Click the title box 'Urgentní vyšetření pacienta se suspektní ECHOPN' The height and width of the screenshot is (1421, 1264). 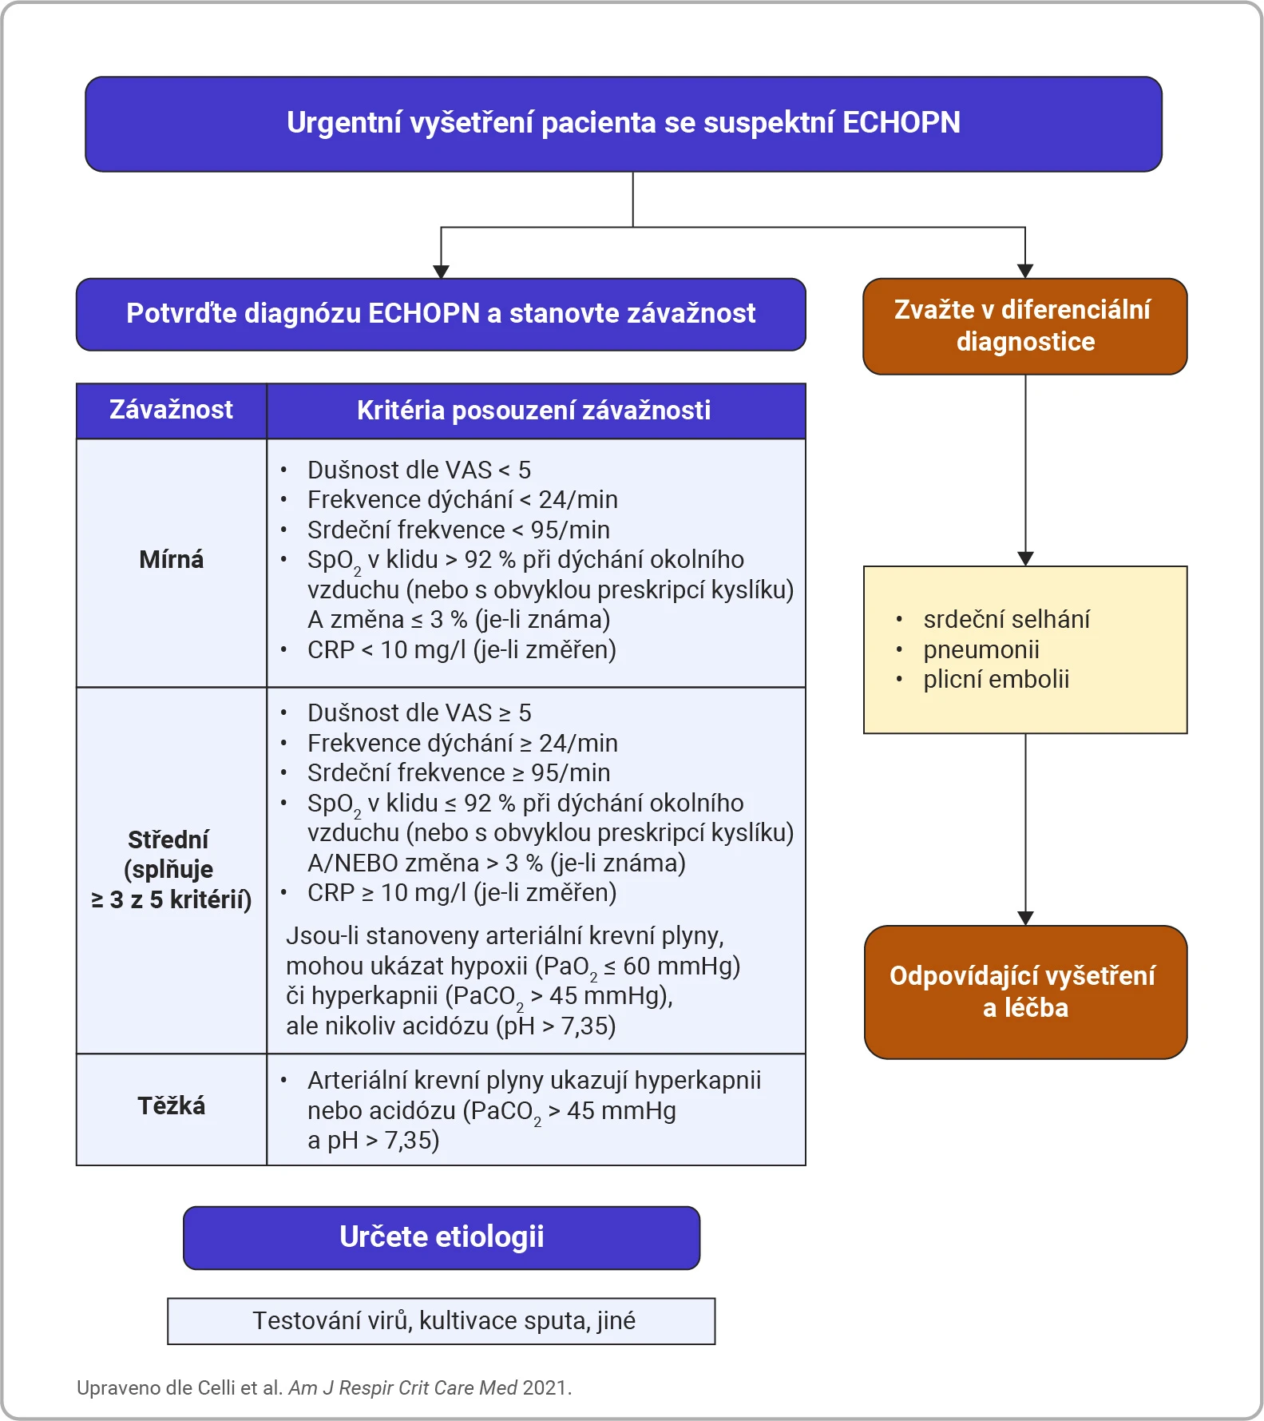(624, 124)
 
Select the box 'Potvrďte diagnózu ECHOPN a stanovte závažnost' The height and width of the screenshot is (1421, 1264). (441, 314)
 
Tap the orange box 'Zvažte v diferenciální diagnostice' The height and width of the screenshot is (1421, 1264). (1025, 326)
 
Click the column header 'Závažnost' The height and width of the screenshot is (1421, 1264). (171, 411)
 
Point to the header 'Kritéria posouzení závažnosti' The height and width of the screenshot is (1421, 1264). (534, 411)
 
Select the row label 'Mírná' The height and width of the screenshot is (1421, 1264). (171, 559)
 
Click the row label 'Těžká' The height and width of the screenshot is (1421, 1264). (171, 1105)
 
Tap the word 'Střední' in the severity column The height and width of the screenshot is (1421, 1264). (168, 840)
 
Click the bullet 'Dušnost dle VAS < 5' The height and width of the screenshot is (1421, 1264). (419, 470)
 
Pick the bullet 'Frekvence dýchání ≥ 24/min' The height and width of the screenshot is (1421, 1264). (462, 743)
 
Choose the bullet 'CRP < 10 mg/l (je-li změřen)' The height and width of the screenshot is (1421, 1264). (462, 649)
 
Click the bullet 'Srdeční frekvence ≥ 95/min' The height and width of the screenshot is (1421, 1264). (458, 772)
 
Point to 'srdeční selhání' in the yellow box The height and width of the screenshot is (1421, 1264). (1006, 619)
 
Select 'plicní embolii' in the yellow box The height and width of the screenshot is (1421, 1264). (996, 679)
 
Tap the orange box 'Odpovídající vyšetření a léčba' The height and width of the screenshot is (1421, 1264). (1025, 992)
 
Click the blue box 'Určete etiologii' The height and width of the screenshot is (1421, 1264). (442, 1237)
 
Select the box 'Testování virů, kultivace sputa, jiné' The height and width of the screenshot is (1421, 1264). (442, 1321)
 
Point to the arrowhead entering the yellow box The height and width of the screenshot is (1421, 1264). (1025, 558)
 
